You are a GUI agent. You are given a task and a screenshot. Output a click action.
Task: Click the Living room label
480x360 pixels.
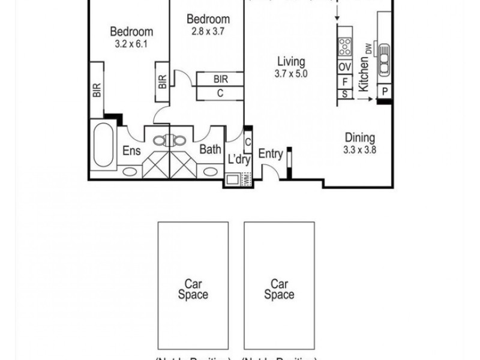pos(291,61)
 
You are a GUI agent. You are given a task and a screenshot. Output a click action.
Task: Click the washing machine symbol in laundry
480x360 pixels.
pos(233,179)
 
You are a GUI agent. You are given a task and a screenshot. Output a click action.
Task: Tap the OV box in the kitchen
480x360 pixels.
pos(345,67)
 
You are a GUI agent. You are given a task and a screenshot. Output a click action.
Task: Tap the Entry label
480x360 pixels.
pos(270,154)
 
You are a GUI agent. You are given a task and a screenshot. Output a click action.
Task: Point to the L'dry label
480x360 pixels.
pos(238,160)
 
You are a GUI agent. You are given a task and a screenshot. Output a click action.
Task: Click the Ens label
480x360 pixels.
pos(131,151)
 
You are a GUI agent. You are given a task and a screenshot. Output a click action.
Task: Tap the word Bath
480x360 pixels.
pos(210,149)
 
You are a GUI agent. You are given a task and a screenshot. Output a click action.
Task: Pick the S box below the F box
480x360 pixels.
pos(345,94)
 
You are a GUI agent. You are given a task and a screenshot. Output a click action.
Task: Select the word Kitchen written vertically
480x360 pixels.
pos(363,75)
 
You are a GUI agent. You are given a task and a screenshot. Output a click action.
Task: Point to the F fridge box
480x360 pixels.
pos(345,81)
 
